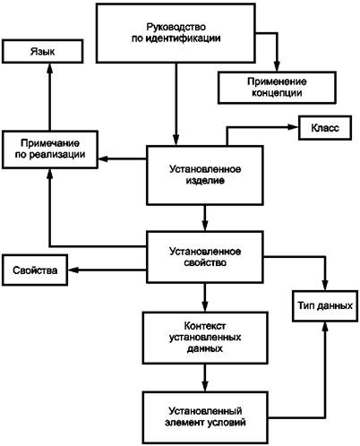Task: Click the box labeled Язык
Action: coord(42,51)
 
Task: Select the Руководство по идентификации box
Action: coord(176,33)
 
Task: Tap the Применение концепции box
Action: coord(277,87)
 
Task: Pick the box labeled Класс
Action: coord(325,128)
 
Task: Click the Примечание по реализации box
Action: coord(50,150)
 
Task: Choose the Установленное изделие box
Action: coord(205,176)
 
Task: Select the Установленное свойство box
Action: coord(205,257)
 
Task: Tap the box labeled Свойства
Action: coord(35,270)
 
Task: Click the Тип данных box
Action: coord(325,306)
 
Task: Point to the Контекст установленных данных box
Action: coord(205,338)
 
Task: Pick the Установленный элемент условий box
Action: coord(205,417)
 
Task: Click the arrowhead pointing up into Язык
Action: coord(50,68)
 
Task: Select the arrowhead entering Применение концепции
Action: coord(277,66)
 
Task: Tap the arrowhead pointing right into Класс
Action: coord(293,127)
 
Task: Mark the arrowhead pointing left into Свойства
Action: coord(73,270)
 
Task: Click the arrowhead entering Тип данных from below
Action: coord(325,327)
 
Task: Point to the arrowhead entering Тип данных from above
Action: coord(325,285)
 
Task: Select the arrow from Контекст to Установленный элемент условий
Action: coord(205,378)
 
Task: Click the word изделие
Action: coord(205,181)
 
